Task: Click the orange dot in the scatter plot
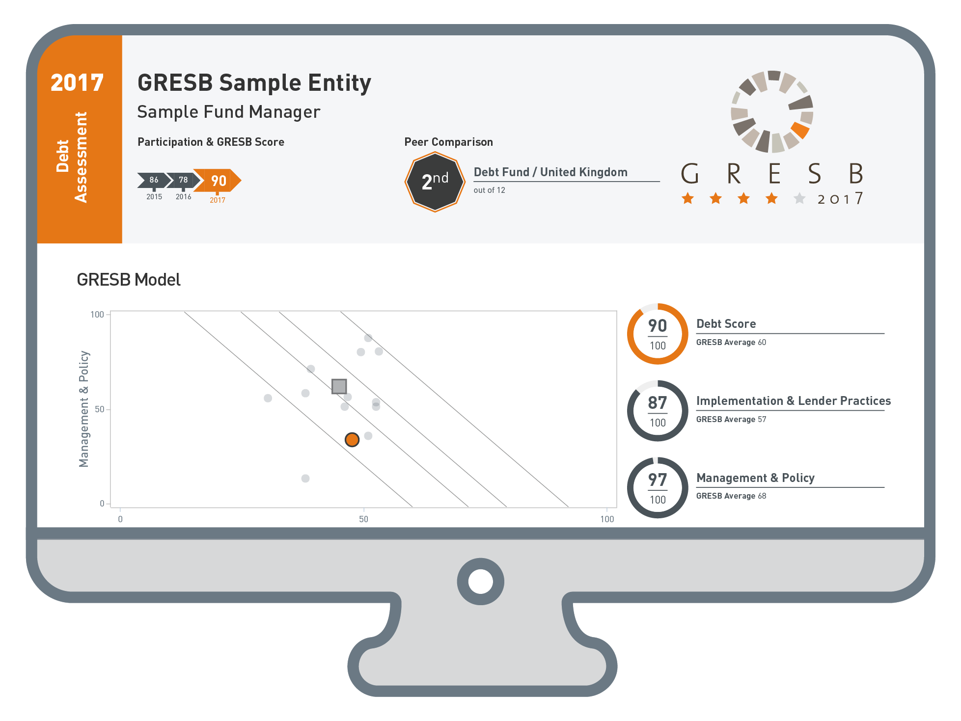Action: (352, 439)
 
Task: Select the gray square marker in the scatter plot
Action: (339, 386)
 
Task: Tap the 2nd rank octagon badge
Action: (435, 182)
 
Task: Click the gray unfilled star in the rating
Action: (799, 198)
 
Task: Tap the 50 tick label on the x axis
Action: (363, 519)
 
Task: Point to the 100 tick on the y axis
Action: (97, 315)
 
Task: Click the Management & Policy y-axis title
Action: (84, 409)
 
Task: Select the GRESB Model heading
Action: (129, 280)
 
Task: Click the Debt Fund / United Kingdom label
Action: (550, 172)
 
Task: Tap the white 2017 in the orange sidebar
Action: (77, 82)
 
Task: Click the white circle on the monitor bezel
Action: (480, 582)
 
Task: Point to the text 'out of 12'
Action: (489, 190)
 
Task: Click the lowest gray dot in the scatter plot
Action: (305, 479)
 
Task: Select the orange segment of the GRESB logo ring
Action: (800, 130)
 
